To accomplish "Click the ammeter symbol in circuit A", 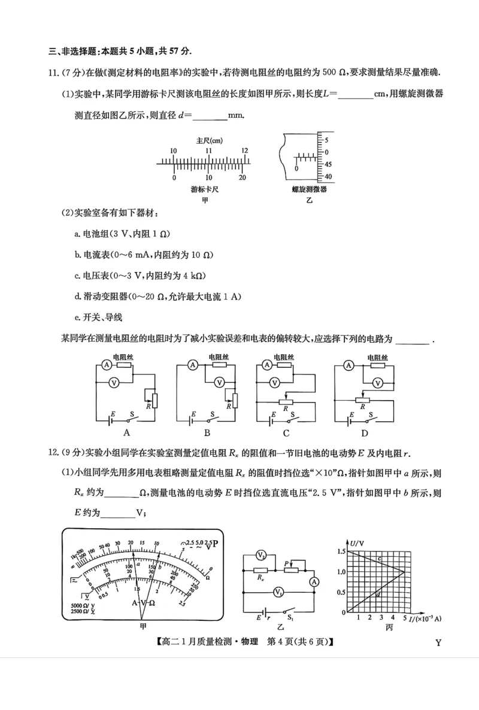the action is [105, 364].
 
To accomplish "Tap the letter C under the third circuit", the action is [286, 434].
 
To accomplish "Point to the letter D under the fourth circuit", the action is [364, 434].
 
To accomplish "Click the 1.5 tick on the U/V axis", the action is [341, 550].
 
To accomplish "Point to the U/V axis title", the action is [358, 543].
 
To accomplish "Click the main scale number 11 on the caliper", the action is [209, 151].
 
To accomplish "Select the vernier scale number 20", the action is [242, 178].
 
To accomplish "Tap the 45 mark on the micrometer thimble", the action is [329, 164].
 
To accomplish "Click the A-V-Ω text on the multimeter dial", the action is [144, 602].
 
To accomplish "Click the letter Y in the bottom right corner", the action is [438, 643].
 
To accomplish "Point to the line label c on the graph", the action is [380, 559].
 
